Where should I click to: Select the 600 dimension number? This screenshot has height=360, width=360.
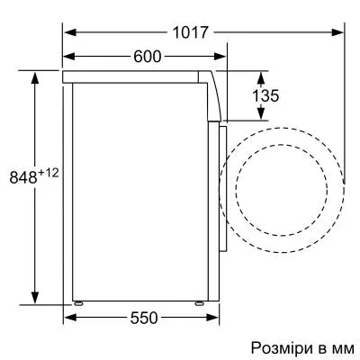(x=147, y=57)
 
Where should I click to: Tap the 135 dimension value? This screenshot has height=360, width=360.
(x=260, y=95)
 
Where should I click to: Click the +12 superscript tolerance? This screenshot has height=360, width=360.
(x=49, y=172)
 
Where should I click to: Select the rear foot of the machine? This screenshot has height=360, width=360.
(x=79, y=303)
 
